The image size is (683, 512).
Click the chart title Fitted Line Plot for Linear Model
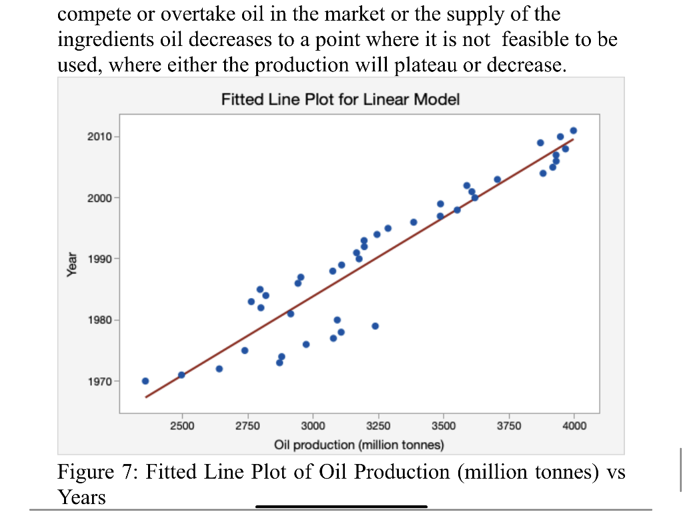340,100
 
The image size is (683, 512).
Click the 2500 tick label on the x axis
182,427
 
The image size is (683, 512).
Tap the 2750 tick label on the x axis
247,427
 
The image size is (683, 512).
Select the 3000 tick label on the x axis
313,427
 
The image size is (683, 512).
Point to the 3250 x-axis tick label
378,427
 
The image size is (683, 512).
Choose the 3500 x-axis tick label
444,427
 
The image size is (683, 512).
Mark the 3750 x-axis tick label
509,427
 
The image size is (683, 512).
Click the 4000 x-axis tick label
574,427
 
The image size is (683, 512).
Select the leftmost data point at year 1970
145,381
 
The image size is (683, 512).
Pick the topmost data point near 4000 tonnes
574,130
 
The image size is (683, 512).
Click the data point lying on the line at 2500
181,375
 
